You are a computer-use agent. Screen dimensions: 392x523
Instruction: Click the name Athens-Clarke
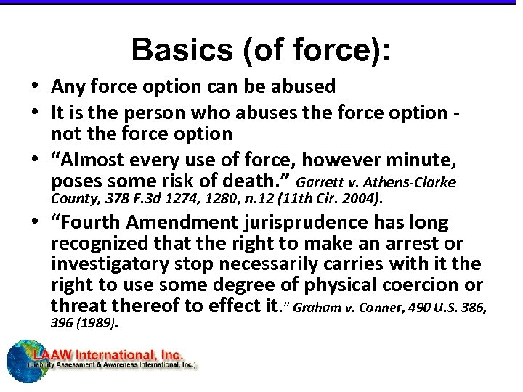pyautogui.click(x=422, y=181)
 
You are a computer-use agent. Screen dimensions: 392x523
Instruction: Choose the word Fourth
pyautogui.click(x=89, y=222)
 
